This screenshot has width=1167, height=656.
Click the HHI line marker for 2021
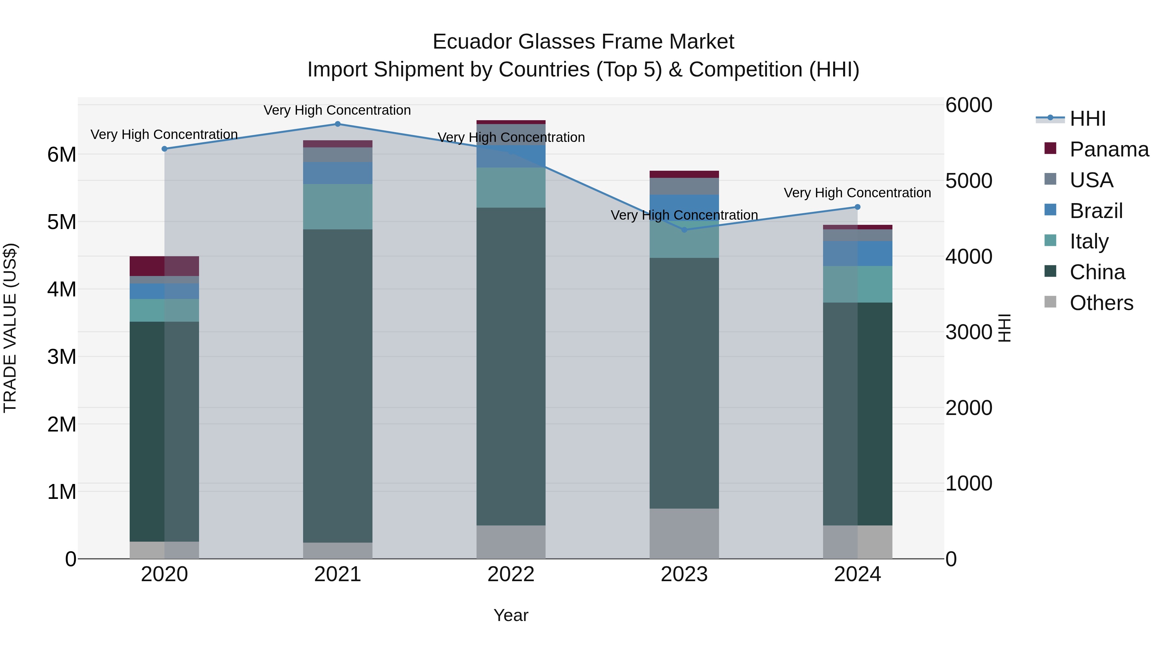tap(337, 124)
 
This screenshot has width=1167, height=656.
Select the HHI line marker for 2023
tap(684, 230)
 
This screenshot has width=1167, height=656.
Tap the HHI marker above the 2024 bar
tap(857, 207)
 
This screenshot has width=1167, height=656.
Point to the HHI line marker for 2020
tap(164, 149)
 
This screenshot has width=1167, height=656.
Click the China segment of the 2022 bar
tap(511, 367)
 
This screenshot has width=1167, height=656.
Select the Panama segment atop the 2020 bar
tap(164, 266)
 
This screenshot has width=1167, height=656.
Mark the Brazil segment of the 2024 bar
tap(857, 254)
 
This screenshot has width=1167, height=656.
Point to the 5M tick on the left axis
tap(62, 222)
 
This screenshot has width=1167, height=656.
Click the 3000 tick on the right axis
tap(969, 332)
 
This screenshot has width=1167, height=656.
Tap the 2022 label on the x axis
tap(511, 574)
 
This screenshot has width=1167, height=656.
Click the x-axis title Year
tap(511, 615)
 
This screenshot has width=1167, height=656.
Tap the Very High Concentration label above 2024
tap(857, 193)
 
